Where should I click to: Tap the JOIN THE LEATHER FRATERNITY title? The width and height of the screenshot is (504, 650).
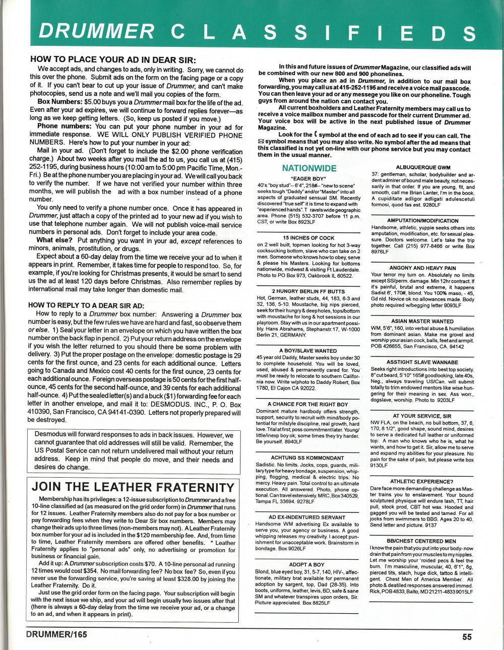tap(133, 487)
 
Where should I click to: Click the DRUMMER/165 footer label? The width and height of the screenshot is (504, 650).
tap(56, 634)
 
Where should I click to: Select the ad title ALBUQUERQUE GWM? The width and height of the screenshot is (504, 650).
tap(422, 167)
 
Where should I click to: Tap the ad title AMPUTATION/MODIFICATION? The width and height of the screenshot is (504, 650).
tap(422, 221)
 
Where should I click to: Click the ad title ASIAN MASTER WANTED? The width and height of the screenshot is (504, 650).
tap(422, 321)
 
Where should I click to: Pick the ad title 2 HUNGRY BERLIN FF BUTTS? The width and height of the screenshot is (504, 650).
tap(308, 291)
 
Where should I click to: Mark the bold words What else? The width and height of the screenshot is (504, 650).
tap(55, 240)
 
